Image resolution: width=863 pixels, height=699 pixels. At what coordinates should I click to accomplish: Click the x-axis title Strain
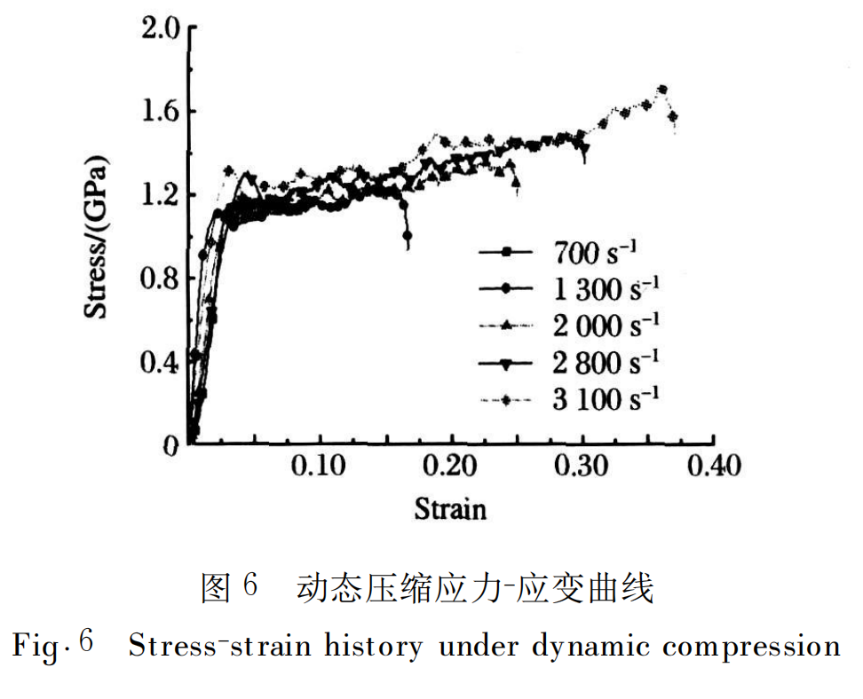click(450, 509)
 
